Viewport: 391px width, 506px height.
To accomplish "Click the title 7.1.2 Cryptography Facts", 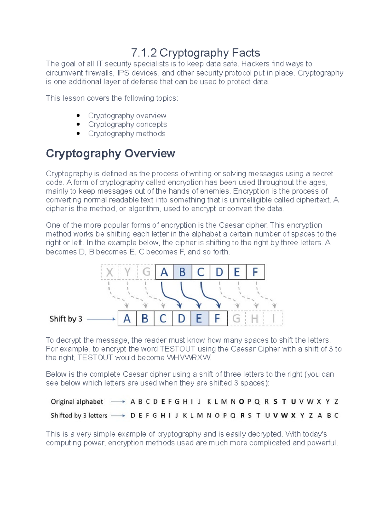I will [x=195, y=52].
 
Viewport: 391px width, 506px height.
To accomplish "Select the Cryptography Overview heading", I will [x=110, y=153].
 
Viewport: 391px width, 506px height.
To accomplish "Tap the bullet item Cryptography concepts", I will [x=127, y=124].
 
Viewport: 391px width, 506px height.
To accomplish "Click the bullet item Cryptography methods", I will [x=126, y=134].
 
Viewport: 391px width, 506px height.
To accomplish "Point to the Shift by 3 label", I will [x=66, y=319].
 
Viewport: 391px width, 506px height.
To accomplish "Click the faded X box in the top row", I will [x=110, y=272].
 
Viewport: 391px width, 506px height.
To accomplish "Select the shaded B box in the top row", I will [x=182, y=272].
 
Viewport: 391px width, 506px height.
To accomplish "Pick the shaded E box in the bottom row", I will [x=199, y=318].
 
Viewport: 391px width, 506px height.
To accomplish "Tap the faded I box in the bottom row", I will [x=273, y=318].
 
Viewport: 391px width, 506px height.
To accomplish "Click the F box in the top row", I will [x=255, y=272].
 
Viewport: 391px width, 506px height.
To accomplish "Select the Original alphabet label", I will [x=77, y=402].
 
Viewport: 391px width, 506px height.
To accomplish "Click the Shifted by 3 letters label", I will [x=79, y=415].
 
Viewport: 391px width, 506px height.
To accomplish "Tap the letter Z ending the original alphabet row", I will [x=336, y=402].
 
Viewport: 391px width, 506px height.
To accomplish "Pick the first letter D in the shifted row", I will [x=133, y=415].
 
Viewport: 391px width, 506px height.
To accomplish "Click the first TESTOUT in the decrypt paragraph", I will [x=178, y=349].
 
